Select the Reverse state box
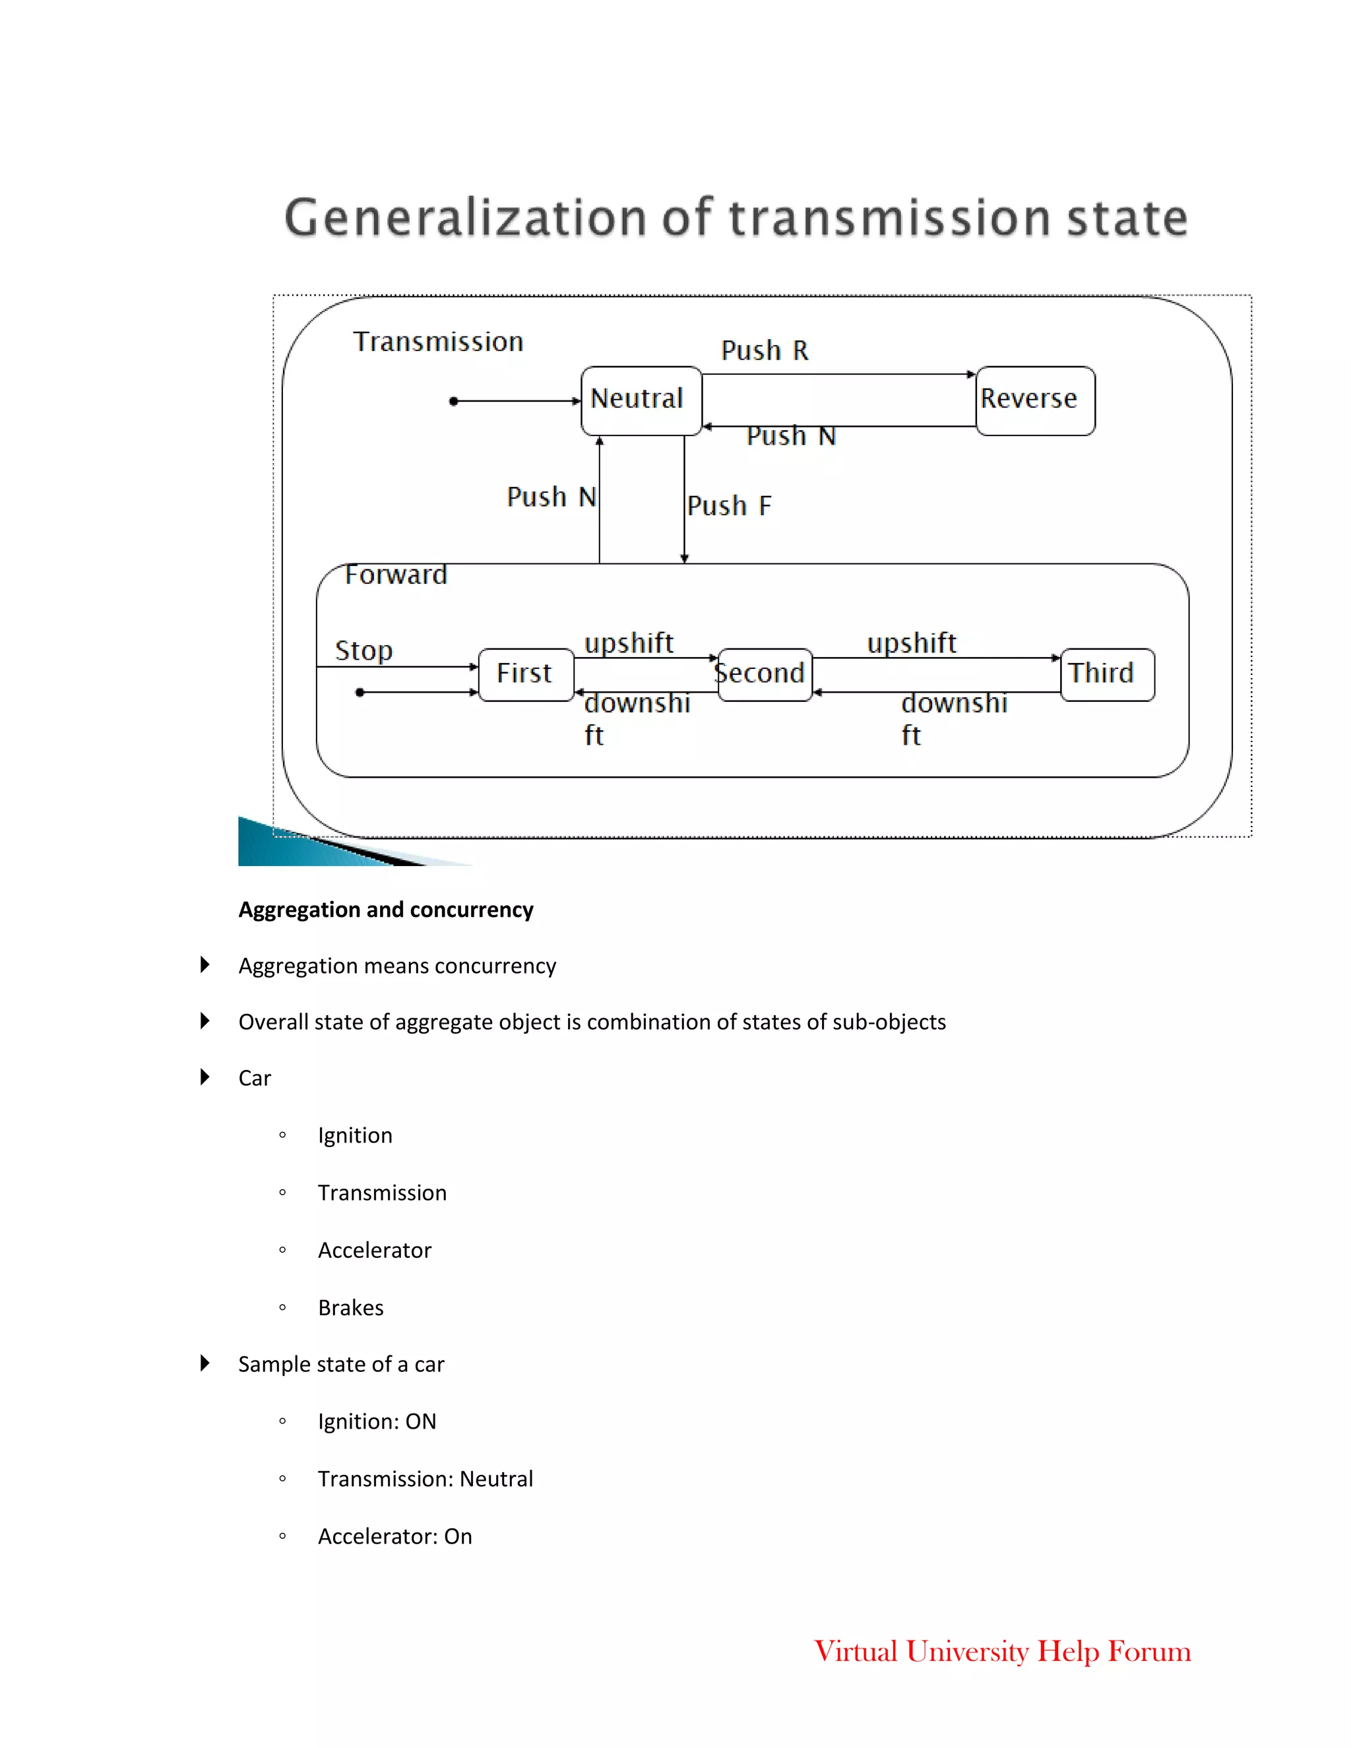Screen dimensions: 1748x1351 click(x=1035, y=400)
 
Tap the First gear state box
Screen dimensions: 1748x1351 click(x=526, y=674)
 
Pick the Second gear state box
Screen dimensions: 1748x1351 click(x=765, y=674)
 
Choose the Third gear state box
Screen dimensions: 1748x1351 click(x=1107, y=674)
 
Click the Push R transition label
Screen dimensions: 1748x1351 click(x=765, y=350)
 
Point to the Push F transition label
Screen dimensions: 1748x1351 click(x=729, y=506)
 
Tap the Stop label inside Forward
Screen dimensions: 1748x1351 click(x=363, y=650)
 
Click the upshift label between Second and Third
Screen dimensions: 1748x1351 click(x=912, y=642)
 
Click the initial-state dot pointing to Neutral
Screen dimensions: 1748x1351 click(x=454, y=401)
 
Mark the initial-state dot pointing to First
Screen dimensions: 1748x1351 click(x=360, y=693)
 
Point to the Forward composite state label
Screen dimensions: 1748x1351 click(x=395, y=575)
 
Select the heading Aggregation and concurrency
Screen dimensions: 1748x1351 click(x=386, y=910)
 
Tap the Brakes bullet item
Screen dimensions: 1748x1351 click(x=350, y=1308)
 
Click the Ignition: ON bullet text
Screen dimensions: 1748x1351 click(x=377, y=1421)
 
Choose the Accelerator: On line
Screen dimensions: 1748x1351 click(x=394, y=1537)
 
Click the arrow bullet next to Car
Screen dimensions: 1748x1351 click(x=205, y=1077)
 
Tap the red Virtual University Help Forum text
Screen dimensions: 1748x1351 click(x=1002, y=1651)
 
